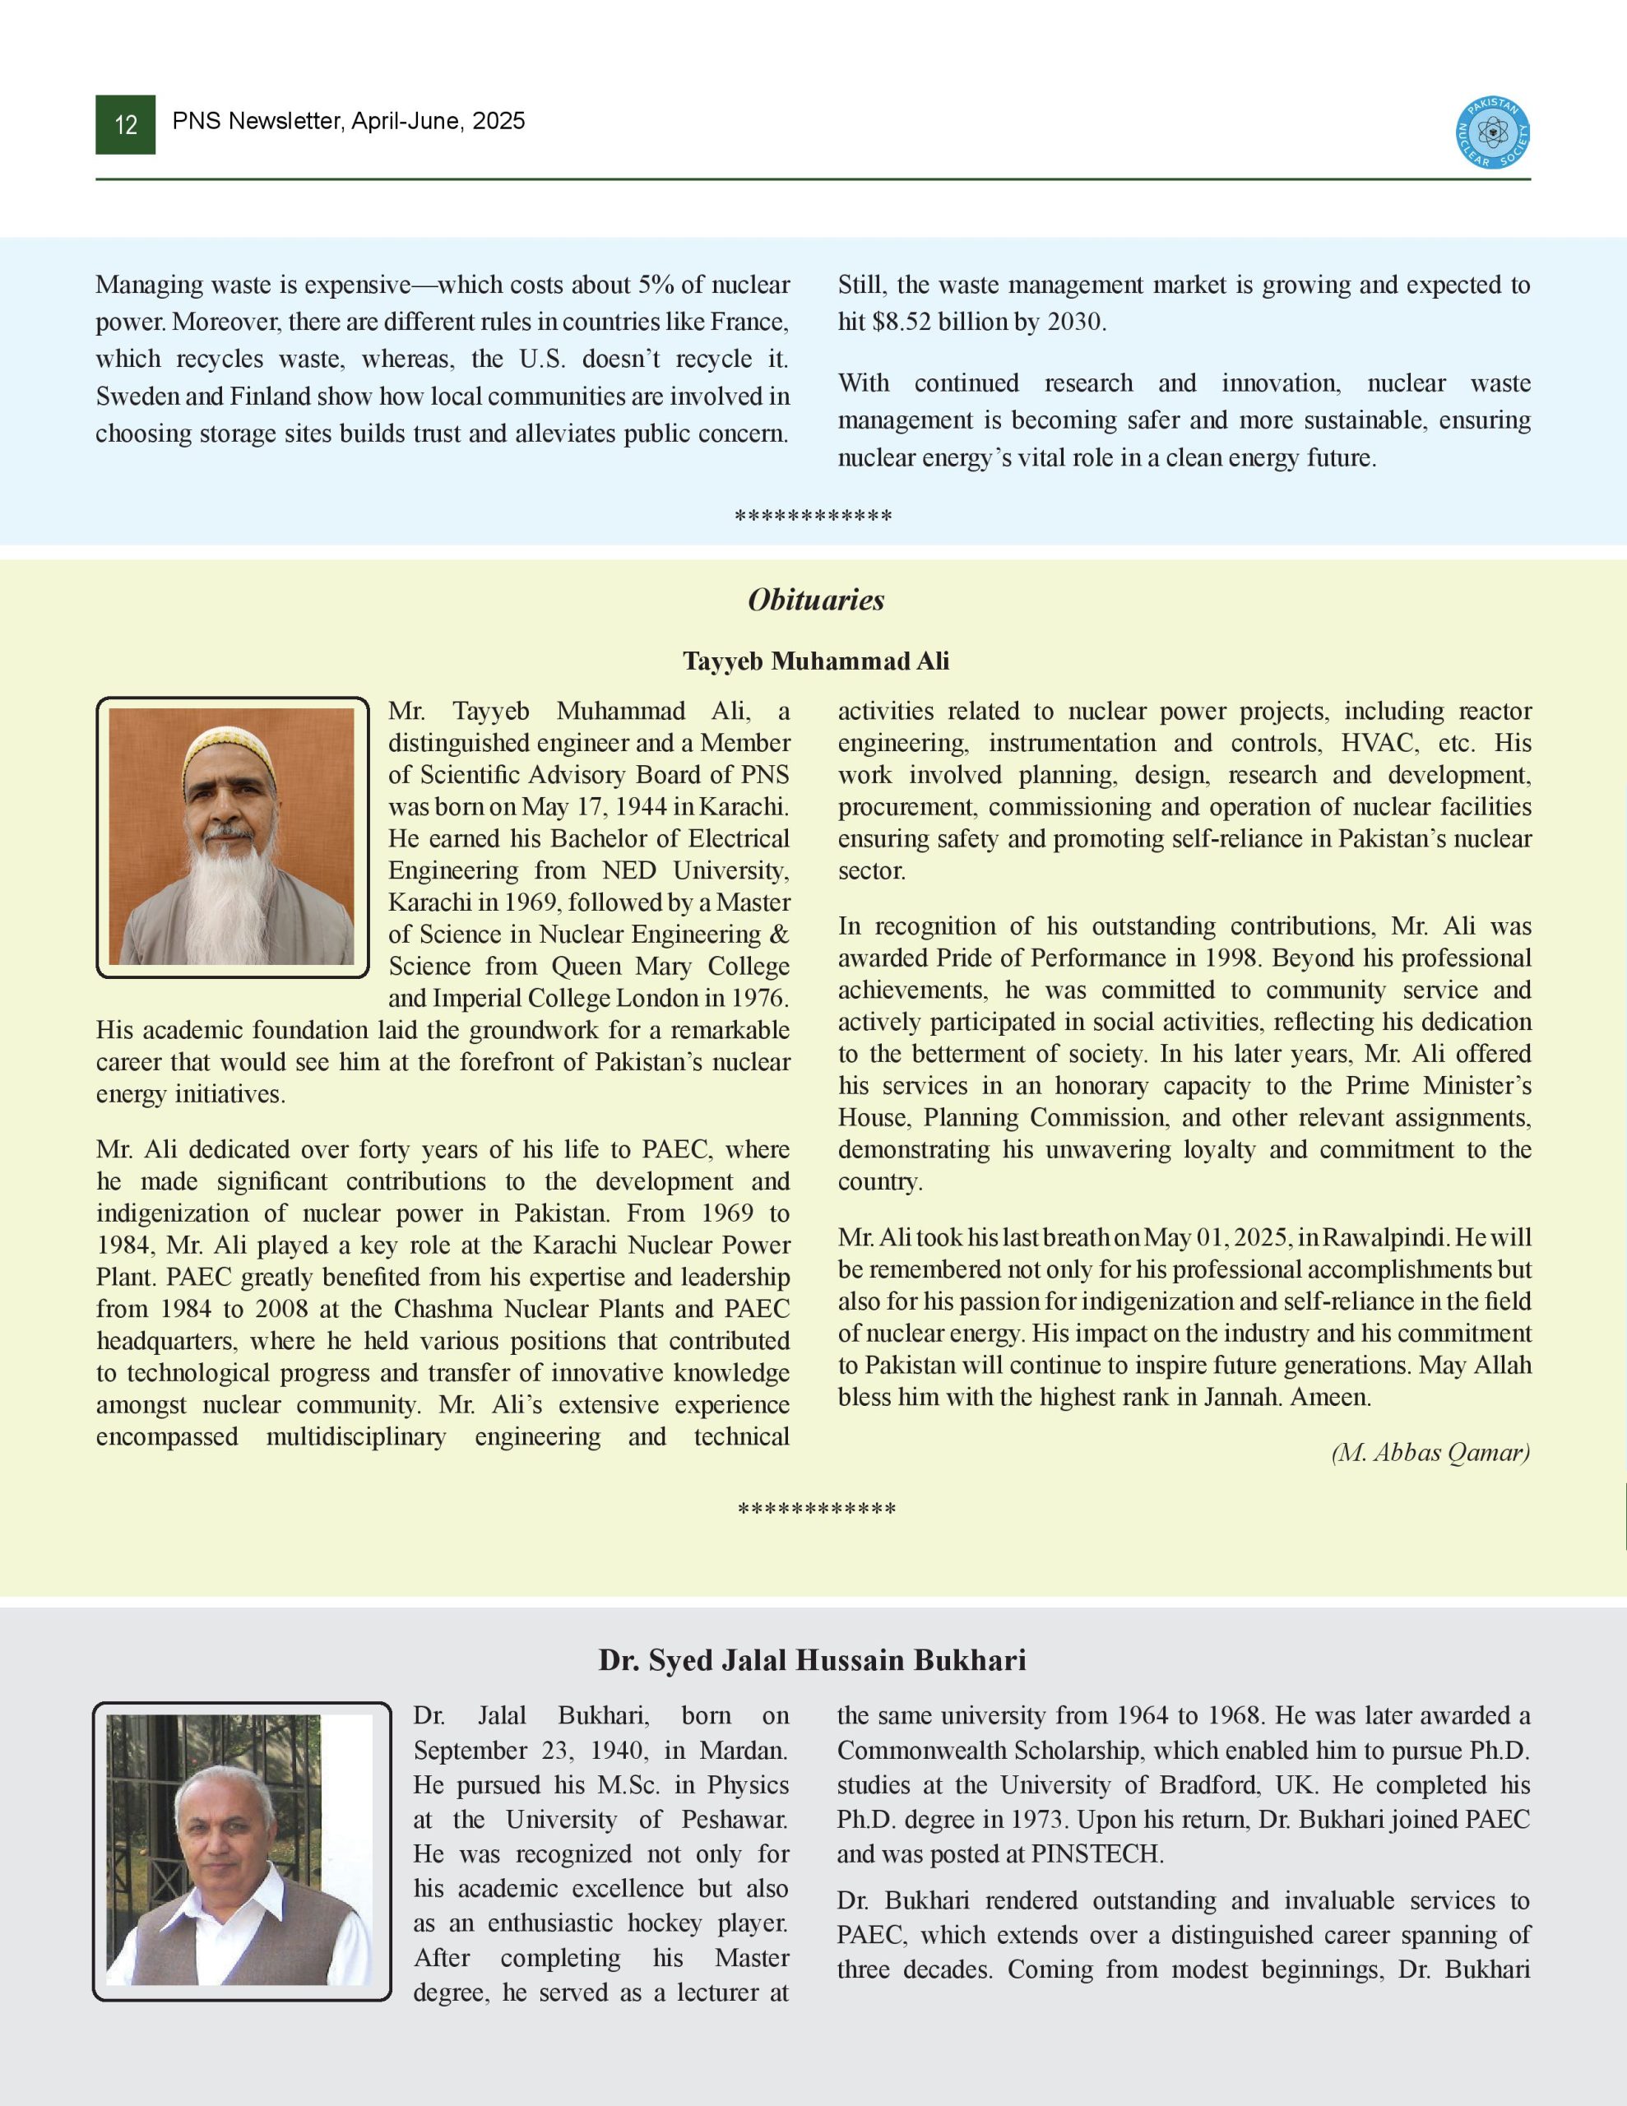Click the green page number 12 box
click(125, 124)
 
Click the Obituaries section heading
click(816, 600)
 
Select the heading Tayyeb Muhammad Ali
click(816, 661)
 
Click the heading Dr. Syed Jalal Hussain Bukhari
click(812, 1659)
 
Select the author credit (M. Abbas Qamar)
click(1430, 1453)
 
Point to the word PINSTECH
click(1096, 1853)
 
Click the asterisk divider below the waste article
click(813, 517)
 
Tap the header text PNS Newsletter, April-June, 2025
click(348, 122)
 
